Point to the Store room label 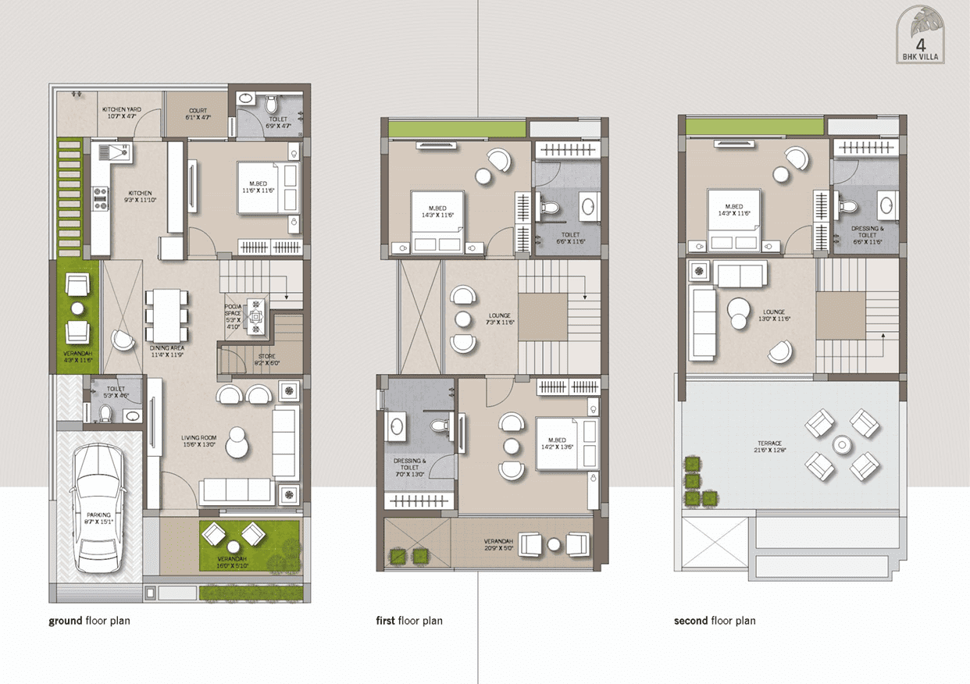click(x=266, y=356)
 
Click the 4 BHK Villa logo click(x=923, y=36)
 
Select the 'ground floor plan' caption click(x=89, y=622)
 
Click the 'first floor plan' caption click(x=409, y=622)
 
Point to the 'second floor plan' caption click(x=715, y=622)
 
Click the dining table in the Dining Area click(x=166, y=314)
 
